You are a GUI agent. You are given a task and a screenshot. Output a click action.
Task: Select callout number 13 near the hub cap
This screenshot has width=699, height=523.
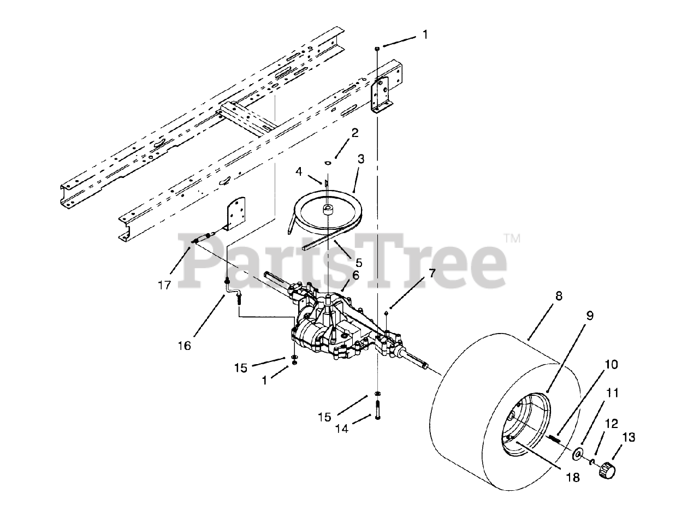pos(629,437)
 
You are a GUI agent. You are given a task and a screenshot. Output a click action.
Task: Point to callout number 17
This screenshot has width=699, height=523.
pos(165,284)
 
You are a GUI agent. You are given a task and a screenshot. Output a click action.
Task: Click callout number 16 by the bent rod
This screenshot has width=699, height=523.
pos(185,346)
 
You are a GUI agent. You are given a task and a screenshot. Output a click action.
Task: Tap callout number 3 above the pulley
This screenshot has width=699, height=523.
pos(360,159)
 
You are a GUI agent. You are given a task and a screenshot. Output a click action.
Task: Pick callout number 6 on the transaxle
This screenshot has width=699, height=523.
pos(356,276)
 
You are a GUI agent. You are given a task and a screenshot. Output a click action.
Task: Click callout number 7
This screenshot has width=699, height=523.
pos(432,274)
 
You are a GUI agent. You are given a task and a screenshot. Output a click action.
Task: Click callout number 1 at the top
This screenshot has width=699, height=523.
pos(425,35)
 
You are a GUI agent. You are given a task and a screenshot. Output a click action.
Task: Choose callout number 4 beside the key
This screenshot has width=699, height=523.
pos(299,171)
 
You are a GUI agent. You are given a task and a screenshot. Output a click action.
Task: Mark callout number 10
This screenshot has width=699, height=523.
pos(612,364)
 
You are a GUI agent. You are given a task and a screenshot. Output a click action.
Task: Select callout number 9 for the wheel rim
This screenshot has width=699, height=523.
pos(590,315)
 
